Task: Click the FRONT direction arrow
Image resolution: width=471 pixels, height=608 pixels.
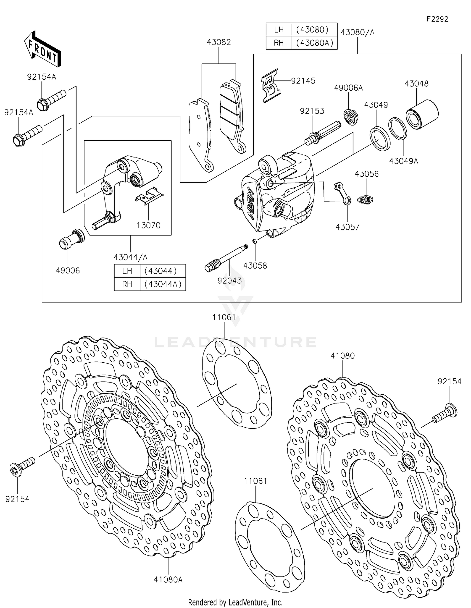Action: [42, 49]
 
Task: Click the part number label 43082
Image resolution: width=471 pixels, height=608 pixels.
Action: [219, 42]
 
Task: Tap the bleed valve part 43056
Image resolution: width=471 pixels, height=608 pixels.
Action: [365, 199]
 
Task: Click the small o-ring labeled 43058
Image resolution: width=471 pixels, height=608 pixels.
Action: [255, 241]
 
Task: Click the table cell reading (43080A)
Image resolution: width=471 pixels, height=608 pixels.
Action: [314, 43]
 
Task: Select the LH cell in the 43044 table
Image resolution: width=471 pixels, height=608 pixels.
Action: [127, 271]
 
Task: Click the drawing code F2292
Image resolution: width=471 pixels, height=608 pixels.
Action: [437, 19]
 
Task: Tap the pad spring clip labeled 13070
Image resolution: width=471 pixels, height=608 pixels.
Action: [149, 196]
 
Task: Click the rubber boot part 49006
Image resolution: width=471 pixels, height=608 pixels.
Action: [72, 239]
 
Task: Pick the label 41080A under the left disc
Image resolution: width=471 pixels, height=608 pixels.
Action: [168, 579]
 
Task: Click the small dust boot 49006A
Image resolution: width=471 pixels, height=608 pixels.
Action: [351, 116]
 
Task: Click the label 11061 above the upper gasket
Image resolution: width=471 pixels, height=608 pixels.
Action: [224, 317]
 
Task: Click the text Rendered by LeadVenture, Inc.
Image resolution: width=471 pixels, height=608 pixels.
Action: [235, 602]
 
